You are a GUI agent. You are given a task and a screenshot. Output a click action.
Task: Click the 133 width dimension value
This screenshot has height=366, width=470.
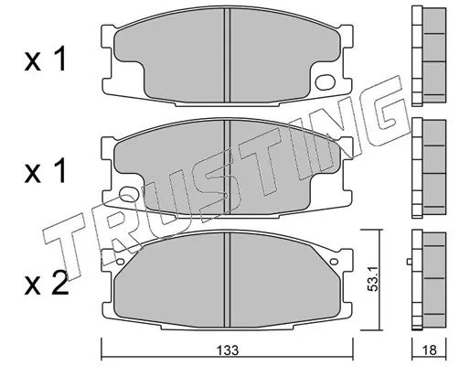228,350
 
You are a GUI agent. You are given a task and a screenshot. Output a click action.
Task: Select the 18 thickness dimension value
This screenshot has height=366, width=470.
429,350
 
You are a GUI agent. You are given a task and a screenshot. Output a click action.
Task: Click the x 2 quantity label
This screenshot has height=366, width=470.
47,284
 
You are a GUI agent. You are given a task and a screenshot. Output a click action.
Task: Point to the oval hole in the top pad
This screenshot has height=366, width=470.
326,82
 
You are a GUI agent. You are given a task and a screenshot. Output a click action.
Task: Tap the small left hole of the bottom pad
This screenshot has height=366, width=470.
121,262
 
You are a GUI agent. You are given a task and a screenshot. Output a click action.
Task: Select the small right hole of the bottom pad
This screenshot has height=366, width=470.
334,262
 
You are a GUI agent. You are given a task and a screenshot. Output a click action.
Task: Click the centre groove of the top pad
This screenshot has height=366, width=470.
227,55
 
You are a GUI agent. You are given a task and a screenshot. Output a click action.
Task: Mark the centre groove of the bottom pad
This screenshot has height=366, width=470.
227,279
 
